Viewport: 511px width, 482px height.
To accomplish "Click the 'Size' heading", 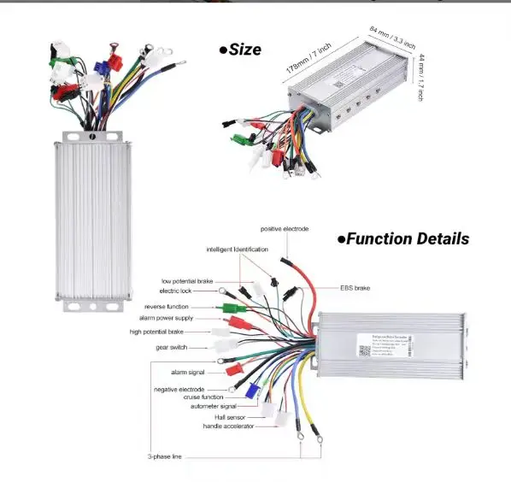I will click(x=240, y=50).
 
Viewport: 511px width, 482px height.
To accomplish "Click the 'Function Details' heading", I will click(x=403, y=239).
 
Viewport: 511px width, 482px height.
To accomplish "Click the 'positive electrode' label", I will click(x=285, y=229).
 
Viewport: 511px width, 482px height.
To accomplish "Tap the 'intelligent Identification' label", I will click(x=237, y=249).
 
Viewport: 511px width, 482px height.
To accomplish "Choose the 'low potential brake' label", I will click(x=187, y=280).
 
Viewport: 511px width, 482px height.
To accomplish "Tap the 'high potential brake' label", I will click(x=156, y=332).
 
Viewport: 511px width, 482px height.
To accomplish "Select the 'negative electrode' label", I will click(x=179, y=389).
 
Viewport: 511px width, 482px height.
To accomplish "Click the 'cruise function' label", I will click(x=203, y=397).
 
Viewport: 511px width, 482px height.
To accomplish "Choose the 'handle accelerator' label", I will click(x=228, y=426).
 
